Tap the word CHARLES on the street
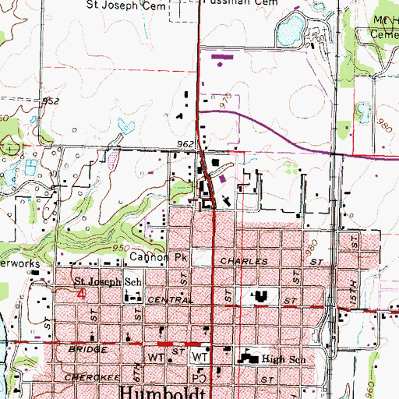click(x=238, y=262)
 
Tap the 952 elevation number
click(x=51, y=101)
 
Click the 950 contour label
click(x=122, y=246)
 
